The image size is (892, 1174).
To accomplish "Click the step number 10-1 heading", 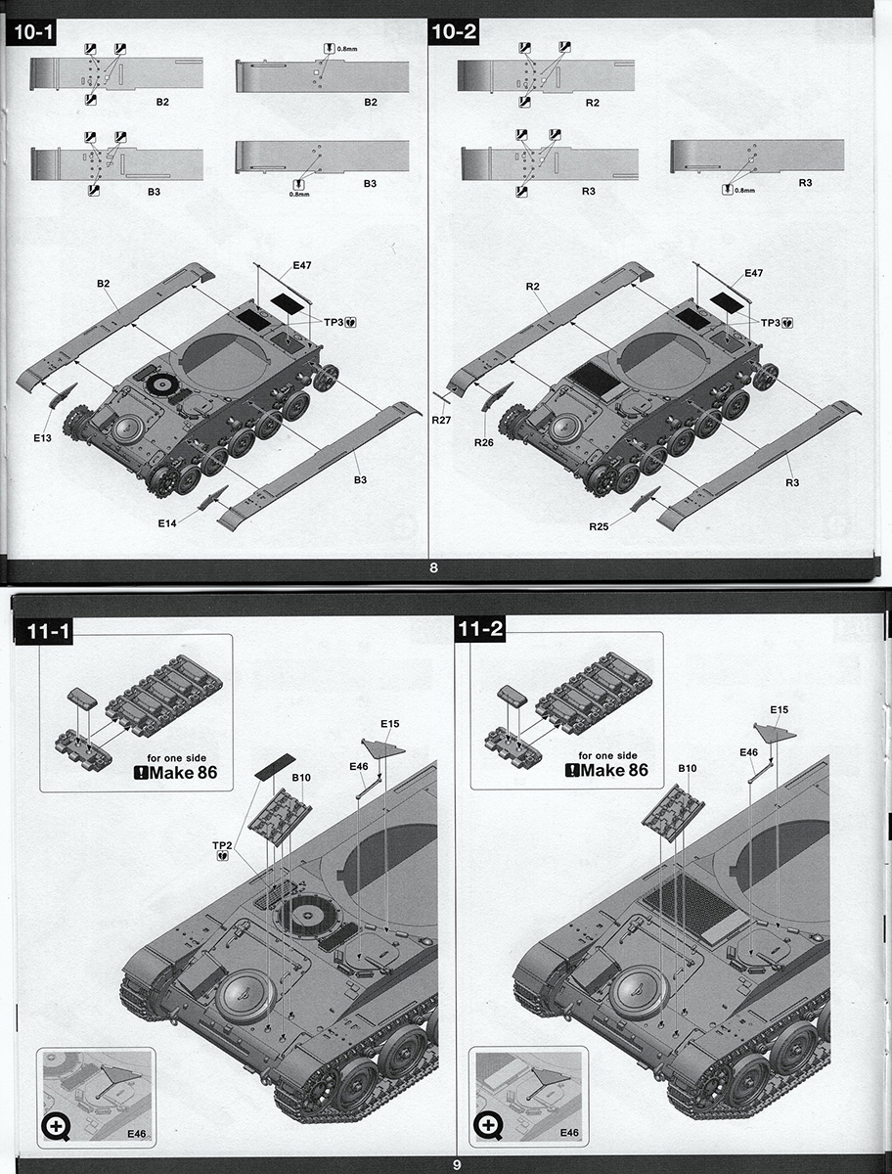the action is coord(32,32).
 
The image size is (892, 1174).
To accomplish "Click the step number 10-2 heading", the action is coord(454,32).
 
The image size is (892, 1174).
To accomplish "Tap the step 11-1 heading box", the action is coord(47,632).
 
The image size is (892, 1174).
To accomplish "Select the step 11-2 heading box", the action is coord(480,629).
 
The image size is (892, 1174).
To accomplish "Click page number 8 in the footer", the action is coord(433,568).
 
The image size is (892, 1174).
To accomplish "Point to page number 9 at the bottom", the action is coord(457,1161).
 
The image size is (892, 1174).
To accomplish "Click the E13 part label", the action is coord(42,438).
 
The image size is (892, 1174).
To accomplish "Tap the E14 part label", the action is coord(166,523).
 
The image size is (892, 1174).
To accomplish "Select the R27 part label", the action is coord(441,421).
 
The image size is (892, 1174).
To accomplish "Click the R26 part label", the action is coord(484,442).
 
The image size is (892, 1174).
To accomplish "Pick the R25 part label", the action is coord(599,526).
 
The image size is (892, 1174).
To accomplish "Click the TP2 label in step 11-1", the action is coord(222,845).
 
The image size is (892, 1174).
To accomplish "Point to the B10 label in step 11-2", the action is coord(688,768).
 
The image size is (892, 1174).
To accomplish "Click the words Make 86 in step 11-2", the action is coord(613,770).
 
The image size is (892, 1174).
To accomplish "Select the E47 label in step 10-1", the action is coord(301,265).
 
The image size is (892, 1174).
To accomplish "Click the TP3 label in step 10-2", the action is coord(770,323).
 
